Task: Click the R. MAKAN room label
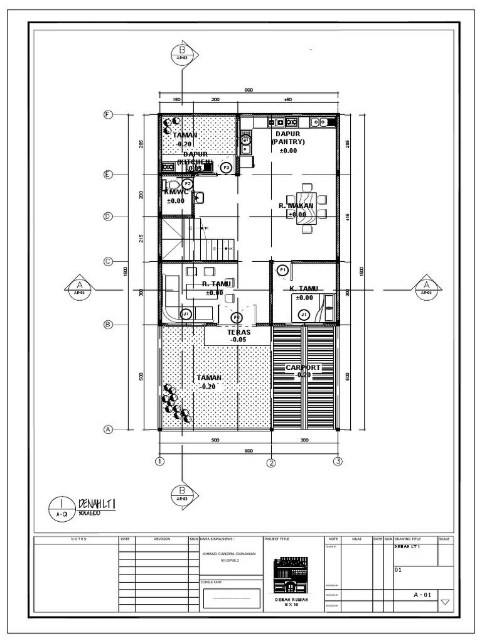(296, 205)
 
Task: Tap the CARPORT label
(303, 367)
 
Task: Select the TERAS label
(239, 332)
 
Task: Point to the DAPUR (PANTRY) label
(288, 138)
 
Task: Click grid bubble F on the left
(108, 115)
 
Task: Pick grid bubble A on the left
(108, 430)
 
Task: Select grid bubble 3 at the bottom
(338, 462)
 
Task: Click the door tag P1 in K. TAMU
(282, 269)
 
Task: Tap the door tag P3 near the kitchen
(226, 167)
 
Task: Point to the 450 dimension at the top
(288, 100)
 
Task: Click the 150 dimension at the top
(176, 100)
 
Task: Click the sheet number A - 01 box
(422, 595)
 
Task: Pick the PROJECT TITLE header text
(277, 539)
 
